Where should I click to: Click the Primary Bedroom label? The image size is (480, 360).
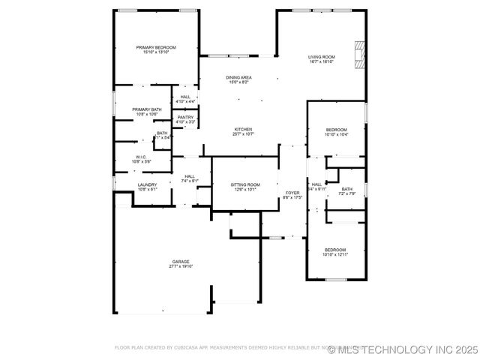point(155,47)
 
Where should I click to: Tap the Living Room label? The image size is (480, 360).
point(322,57)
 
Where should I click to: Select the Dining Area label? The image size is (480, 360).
point(238,77)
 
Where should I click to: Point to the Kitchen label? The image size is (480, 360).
point(243,129)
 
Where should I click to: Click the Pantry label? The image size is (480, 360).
point(185,117)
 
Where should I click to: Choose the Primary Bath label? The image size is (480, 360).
point(147,109)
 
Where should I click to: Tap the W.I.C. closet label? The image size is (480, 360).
point(141,157)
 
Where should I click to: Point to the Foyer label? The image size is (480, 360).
point(292,193)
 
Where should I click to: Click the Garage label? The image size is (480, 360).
point(181,262)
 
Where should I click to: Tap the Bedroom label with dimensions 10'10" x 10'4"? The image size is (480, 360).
point(336,130)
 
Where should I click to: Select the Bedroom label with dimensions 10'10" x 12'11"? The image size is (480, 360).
point(334,250)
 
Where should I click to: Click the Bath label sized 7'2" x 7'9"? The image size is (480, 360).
point(346,189)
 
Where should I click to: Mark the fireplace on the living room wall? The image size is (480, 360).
point(361,54)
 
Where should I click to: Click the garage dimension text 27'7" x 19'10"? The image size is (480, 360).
point(181,266)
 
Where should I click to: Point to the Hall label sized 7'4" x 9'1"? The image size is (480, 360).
point(190,176)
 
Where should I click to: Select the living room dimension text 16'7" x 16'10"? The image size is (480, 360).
point(322,61)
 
